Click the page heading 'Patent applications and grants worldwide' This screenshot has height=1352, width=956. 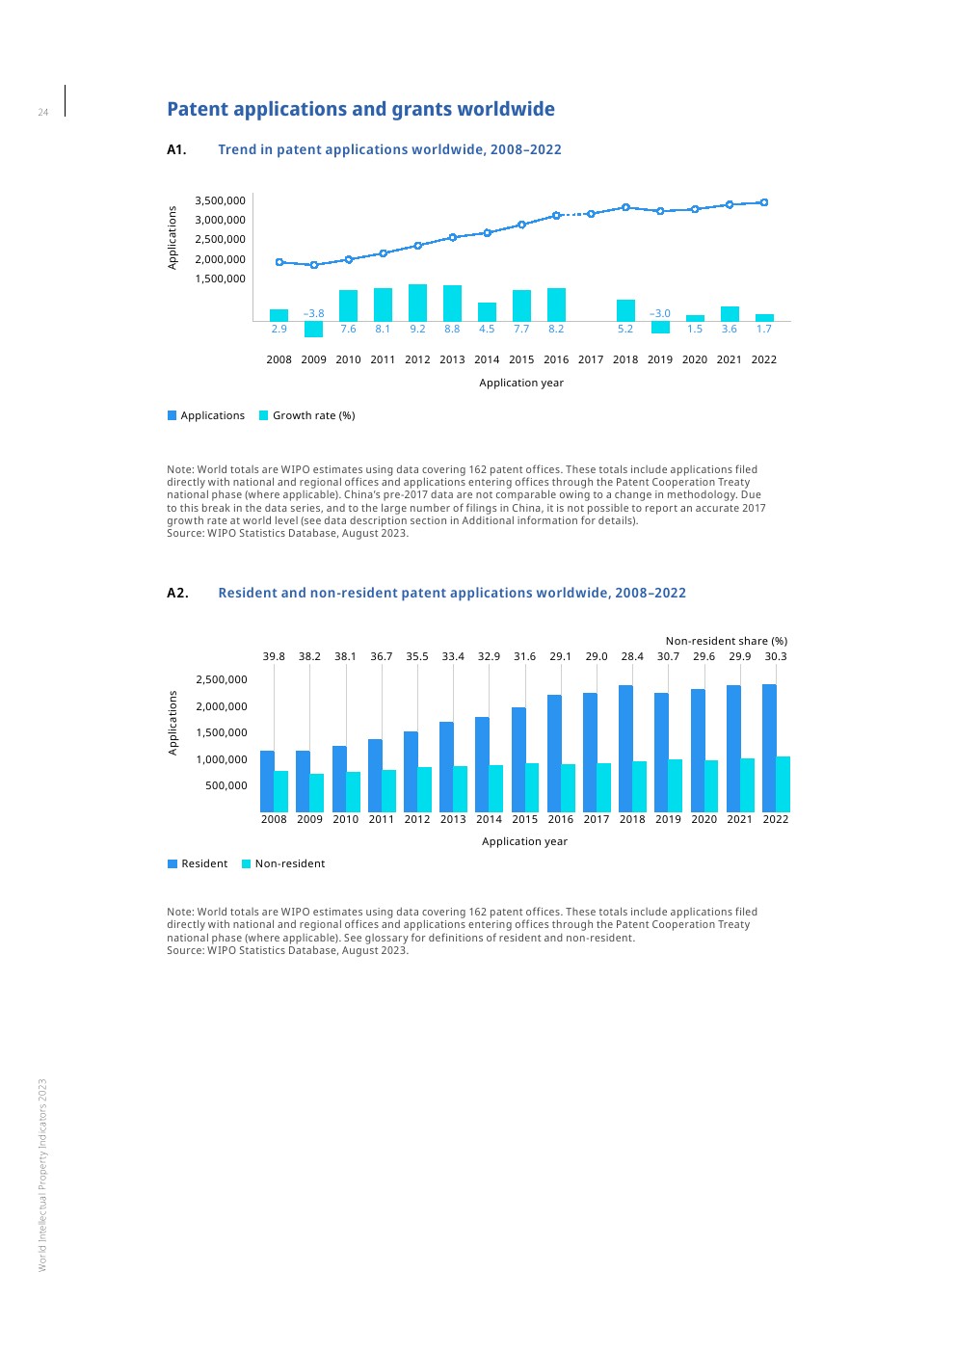click(x=360, y=109)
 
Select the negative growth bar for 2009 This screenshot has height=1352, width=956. click(x=313, y=329)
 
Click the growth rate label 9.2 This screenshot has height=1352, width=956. click(x=417, y=329)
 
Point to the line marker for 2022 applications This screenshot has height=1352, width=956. click(x=764, y=202)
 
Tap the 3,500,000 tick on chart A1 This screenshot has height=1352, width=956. click(x=220, y=200)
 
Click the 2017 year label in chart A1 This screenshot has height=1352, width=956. click(x=591, y=359)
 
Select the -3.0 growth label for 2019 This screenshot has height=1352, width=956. click(x=660, y=313)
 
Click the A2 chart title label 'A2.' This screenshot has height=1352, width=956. click(x=177, y=593)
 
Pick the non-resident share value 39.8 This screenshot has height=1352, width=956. click(x=274, y=656)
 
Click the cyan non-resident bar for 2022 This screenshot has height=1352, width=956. click(x=783, y=783)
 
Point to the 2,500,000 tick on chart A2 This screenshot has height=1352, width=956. click(x=222, y=679)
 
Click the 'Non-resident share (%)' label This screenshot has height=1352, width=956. click(x=726, y=641)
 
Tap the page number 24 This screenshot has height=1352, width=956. click(x=43, y=113)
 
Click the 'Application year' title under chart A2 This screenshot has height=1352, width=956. click(x=524, y=841)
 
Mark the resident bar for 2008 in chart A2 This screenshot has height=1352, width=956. click(x=267, y=781)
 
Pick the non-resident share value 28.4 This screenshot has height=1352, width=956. click(x=632, y=656)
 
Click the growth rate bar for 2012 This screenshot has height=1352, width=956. click(x=417, y=303)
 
